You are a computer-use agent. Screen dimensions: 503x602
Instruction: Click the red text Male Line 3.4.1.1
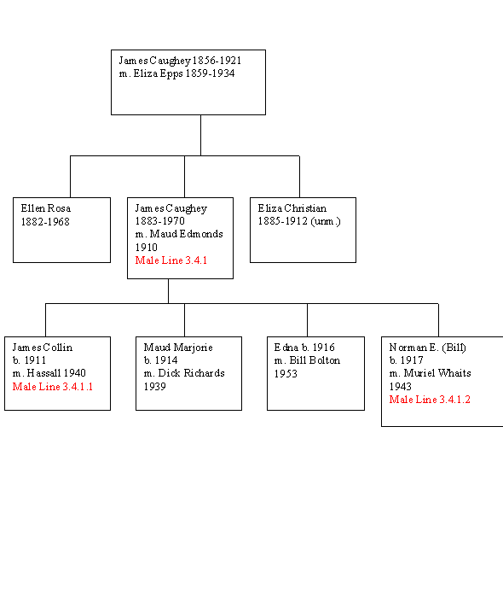point(53,387)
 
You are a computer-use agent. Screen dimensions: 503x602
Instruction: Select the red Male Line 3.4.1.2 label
point(430,400)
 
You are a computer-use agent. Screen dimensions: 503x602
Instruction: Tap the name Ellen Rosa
point(46,208)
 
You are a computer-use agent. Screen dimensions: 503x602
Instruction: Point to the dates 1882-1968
point(45,222)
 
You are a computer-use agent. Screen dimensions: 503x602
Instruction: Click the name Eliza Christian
point(292,208)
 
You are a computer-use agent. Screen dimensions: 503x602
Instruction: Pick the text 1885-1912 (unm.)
point(299,221)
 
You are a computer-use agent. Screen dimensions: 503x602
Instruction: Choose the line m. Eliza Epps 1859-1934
point(176,73)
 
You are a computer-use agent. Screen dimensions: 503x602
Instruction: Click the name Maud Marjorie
point(178,348)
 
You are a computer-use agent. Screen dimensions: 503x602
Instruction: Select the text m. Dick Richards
point(184,373)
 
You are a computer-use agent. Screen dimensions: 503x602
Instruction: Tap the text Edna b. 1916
point(304,348)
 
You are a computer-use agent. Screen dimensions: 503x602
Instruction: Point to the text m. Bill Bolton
point(307,360)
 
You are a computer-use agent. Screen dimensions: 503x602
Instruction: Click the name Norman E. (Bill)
point(427,348)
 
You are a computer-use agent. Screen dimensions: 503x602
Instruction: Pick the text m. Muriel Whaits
point(430,373)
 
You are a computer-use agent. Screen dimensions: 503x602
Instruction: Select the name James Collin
point(42,348)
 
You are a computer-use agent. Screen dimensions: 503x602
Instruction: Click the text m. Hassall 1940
point(49,373)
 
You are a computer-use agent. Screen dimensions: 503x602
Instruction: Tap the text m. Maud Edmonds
point(179,234)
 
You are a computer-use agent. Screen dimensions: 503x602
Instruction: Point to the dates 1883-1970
point(160,221)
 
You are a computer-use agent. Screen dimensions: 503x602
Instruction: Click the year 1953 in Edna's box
point(286,374)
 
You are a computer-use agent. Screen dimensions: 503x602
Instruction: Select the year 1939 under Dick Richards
point(154,387)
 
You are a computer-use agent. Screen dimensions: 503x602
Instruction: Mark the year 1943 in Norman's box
point(400,387)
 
